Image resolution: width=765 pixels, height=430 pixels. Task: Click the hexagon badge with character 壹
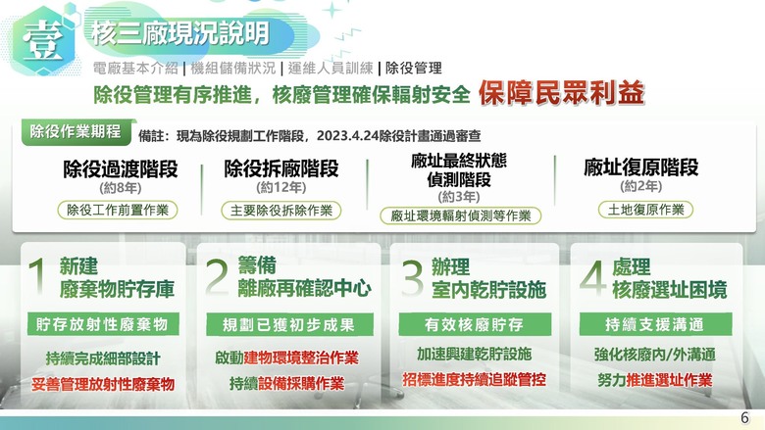pyautogui.click(x=44, y=40)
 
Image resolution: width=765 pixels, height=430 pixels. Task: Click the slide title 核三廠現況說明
pyautogui.click(x=180, y=33)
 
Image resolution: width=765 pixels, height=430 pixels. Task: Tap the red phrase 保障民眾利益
pyautogui.click(x=561, y=93)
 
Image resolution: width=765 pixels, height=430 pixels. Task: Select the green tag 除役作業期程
pyautogui.click(x=76, y=132)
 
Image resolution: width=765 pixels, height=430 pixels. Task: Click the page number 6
pyautogui.click(x=744, y=418)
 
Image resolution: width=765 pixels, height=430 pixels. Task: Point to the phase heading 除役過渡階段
pyautogui.click(x=120, y=169)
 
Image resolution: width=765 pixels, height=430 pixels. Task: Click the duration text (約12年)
pyautogui.click(x=281, y=187)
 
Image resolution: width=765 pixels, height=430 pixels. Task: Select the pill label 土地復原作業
pyautogui.click(x=645, y=210)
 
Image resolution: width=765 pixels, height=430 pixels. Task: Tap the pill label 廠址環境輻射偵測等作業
pyautogui.click(x=461, y=215)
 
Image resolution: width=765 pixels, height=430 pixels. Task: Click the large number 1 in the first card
pyautogui.click(x=37, y=276)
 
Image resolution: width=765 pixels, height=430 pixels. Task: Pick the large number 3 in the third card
pyautogui.click(x=412, y=277)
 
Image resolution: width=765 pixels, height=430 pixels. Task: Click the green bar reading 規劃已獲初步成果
pyautogui.click(x=289, y=324)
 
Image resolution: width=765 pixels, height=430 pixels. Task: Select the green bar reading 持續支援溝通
pyautogui.click(x=655, y=324)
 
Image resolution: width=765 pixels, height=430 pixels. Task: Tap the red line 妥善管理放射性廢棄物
pyautogui.click(x=103, y=384)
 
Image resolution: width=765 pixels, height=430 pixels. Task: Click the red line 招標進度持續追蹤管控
pyautogui.click(x=475, y=379)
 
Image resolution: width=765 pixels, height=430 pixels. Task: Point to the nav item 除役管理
pyautogui.click(x=414, y=69)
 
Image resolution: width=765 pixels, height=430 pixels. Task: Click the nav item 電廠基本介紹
pyautogui.click(x=135, y=69)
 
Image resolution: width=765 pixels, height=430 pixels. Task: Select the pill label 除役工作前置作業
pyautogui.click(x=118, y=210)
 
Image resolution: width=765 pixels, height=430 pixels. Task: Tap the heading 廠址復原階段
pyautogui.click(x=641, y=167)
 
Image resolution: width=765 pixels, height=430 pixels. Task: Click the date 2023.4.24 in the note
pyautogui.click(x=347, y=136)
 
